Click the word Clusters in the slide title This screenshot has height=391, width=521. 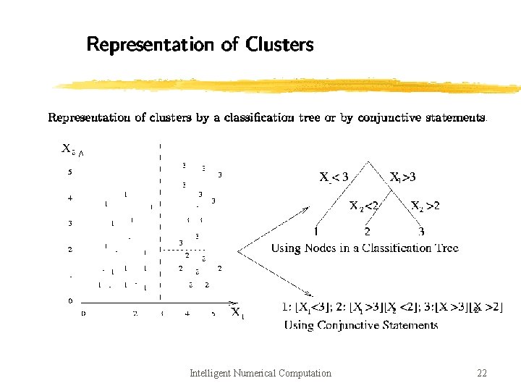coord(279,45)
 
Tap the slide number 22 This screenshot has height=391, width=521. coord(482,374)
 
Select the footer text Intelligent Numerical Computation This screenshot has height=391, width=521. coord(260,374)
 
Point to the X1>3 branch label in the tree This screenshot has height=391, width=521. coord(402,177)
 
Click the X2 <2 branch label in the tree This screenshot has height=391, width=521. coord(364,206)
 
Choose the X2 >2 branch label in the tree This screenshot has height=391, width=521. coord(425,206)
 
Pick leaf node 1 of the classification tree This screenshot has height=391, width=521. coord(316,232)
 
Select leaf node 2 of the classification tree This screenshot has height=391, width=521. coord(368,232)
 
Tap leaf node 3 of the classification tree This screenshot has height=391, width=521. coord(421,232)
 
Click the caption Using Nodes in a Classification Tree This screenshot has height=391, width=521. coord(365,248)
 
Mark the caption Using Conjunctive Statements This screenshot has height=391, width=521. coord(360,325)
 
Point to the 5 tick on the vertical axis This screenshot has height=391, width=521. coord(70,172)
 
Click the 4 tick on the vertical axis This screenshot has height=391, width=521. coord(70,198)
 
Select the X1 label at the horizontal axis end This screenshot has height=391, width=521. coord(237,314)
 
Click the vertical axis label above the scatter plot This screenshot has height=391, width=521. coord(69,149)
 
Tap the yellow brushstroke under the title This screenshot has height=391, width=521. coord(286,85)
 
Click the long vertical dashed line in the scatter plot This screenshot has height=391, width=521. coord(159,217)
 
